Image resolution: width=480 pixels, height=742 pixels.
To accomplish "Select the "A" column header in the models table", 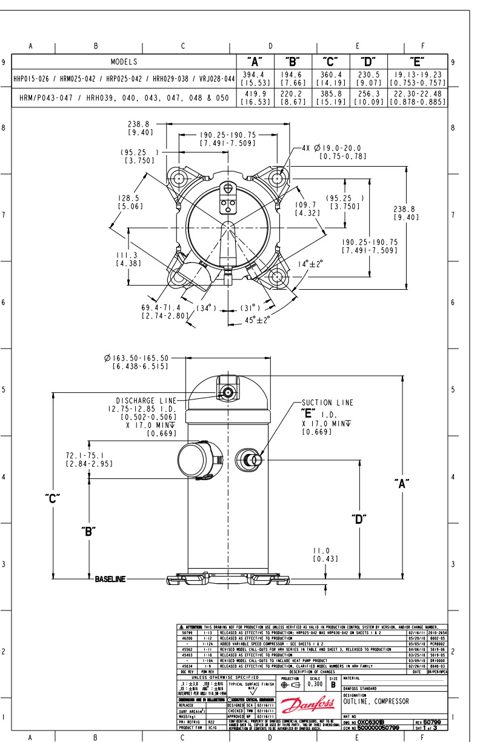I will pos(255,61).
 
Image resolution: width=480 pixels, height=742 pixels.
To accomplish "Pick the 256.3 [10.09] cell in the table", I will pos(367,98).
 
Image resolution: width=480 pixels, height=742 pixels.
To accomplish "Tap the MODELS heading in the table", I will pos(124,61).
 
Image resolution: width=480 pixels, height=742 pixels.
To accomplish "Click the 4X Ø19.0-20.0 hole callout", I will pos(334,152).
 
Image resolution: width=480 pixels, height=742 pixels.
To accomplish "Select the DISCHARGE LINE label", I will pos(146,401).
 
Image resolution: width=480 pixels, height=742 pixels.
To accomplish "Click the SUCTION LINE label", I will pos(327,403).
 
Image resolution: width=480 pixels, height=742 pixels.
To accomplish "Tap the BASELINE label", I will pos(110,580).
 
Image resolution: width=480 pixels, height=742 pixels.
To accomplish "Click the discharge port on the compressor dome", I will pos(228,392).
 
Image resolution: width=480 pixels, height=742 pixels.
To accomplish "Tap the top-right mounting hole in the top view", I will pos(278,178).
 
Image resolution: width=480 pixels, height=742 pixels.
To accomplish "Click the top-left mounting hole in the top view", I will pos(178,178).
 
